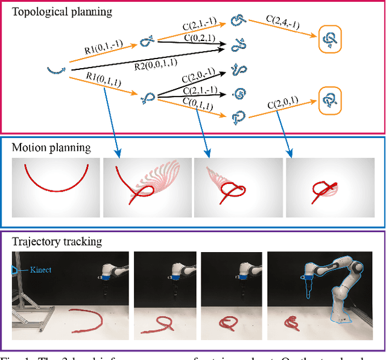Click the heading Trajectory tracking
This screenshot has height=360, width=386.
click(57, 242)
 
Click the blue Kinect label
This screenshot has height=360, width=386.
click(40, 270)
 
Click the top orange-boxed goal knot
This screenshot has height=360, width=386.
click(331, 39)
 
